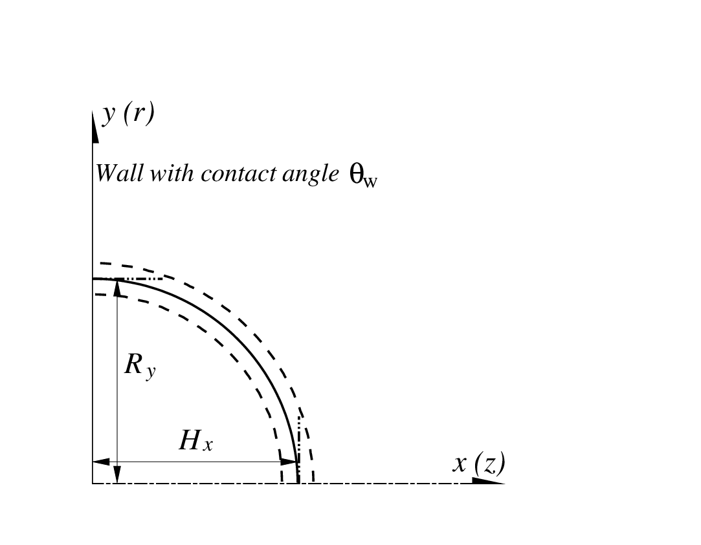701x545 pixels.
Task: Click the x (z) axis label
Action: click(x=479, y=464)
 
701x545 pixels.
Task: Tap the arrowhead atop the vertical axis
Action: click(x=95, y=127)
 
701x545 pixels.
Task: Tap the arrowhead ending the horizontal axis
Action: click(x=489, y=481)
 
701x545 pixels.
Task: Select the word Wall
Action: click(x=119, y=173)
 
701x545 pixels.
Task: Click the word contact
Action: click(x=238, y=173)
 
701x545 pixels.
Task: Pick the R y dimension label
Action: click(x=140, y=366)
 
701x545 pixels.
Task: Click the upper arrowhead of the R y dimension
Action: click(x=118, y=288)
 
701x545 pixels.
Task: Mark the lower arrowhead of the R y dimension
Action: click(x=118, y=475)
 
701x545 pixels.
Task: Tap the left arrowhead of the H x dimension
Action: click(x=101, y=462)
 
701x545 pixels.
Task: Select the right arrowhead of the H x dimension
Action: click(x=288, y=462)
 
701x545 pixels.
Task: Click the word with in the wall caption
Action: click(x=172, y=173)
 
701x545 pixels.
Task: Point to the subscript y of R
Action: click(x=151, y=372)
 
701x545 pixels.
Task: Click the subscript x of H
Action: click(x=207, y=445)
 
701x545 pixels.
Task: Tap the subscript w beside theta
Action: click(x=370, y=182)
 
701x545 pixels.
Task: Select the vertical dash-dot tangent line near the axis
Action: click(x=298, y=449)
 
